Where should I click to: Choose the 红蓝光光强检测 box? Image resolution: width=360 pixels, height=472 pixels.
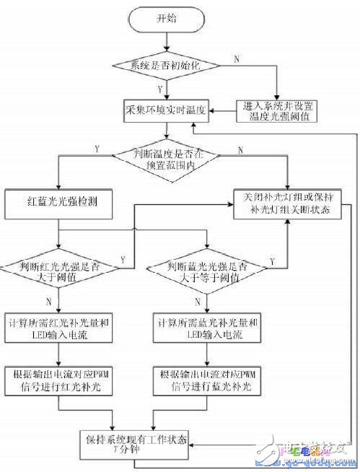tap(58, 204)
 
